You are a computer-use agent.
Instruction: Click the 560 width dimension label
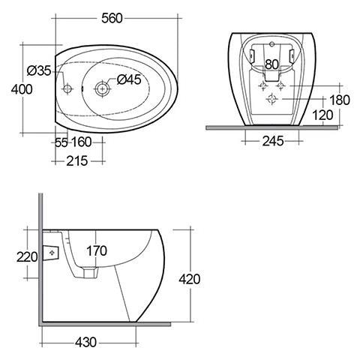112,18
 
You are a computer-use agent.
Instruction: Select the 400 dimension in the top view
22,89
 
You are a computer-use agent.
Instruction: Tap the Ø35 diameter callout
39,70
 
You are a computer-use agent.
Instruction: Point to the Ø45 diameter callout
129,79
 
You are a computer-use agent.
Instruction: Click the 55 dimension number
61,142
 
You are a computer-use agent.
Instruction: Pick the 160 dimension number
82,142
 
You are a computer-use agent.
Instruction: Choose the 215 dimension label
77,160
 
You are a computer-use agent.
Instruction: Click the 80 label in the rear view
271,64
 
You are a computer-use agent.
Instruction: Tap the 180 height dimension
340,100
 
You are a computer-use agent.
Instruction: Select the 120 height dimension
322,115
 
